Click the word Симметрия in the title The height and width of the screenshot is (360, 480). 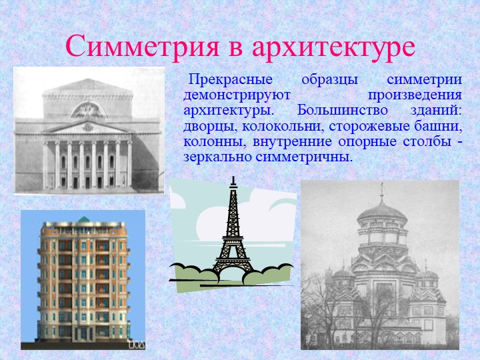(x=142, y=47)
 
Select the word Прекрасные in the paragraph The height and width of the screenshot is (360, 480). (x=231, y=80)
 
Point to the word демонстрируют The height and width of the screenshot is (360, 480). (x=237, y=95)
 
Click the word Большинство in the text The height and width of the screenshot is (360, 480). (x=342, y=110)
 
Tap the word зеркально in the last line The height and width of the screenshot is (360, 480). (x=217, y=157)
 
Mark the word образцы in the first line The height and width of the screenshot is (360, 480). (x=330, y=80)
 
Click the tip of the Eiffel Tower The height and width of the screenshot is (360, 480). (x=233, y=177)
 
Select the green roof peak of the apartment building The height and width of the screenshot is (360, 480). (x=84, y=219)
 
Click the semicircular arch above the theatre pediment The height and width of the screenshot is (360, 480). (x=89, y=110)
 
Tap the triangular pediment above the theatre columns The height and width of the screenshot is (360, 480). (x=88, y=127)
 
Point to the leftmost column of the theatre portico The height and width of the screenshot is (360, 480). (x=45, y=165)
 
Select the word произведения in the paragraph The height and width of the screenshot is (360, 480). (x=415, y=95)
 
